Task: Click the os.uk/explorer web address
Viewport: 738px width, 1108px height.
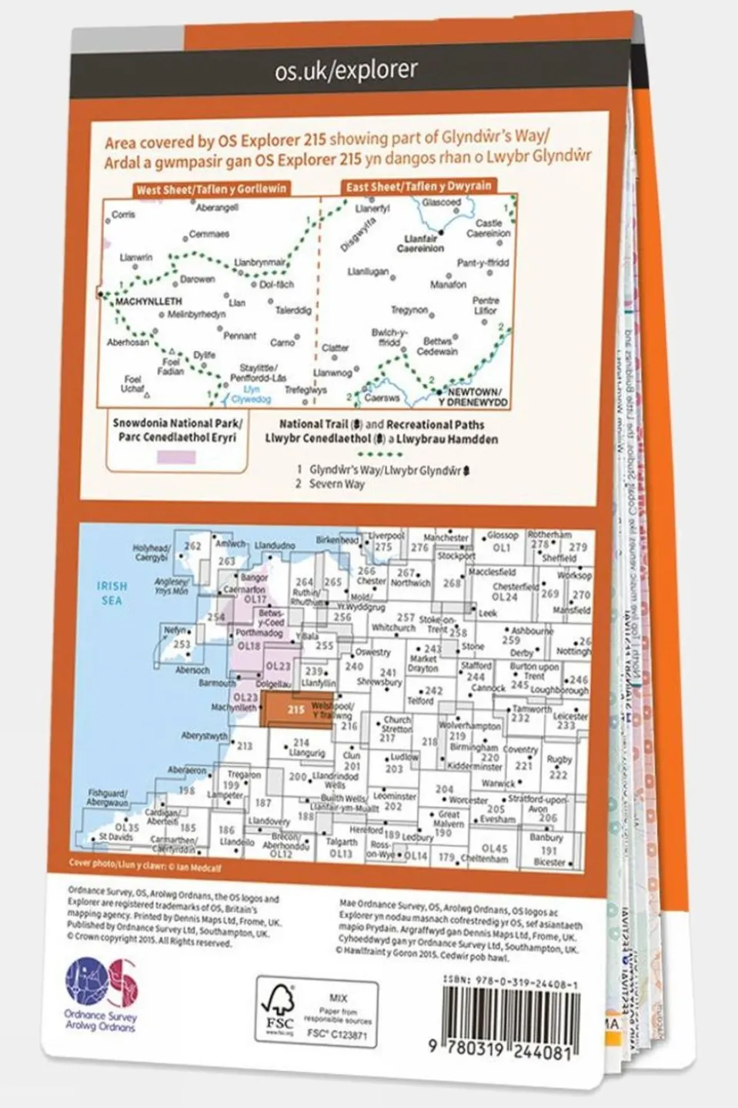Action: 346,71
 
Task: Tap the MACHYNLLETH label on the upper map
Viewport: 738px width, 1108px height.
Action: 148,302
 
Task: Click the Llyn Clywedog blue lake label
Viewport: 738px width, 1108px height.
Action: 251,395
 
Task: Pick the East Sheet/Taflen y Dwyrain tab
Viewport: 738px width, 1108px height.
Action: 418,186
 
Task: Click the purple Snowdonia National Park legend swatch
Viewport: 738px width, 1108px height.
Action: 176,457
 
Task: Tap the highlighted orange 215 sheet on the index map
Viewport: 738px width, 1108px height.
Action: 296,709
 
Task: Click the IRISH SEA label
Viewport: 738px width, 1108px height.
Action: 112,592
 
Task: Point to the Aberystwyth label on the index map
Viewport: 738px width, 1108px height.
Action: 204,736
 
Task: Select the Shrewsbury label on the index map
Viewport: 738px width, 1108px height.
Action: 379,682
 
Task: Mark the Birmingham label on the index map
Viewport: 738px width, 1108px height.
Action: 474,747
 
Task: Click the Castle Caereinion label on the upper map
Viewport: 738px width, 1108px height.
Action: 488,228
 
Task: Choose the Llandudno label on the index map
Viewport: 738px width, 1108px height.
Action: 274,545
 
